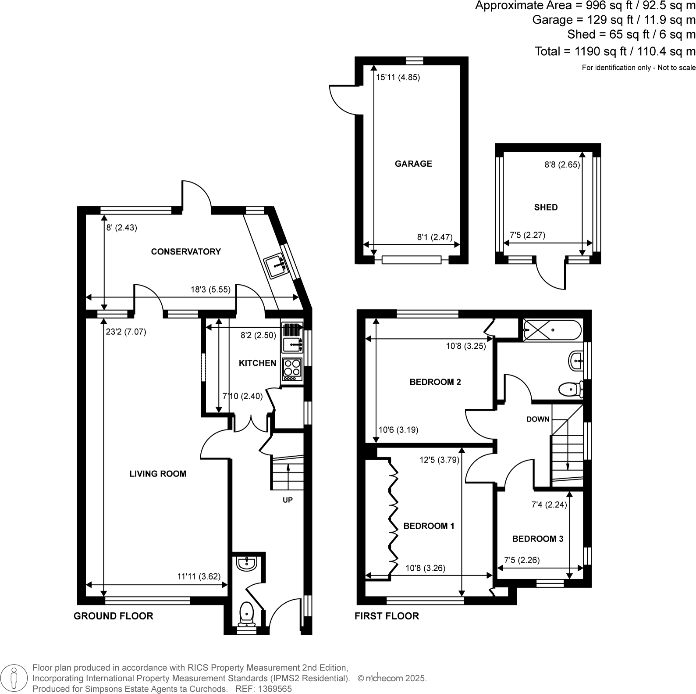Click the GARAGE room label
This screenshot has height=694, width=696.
(413, 164)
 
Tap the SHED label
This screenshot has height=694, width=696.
(546, 207)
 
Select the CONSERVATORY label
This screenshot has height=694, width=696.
(186, 251)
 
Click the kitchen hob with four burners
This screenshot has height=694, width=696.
(292, 369)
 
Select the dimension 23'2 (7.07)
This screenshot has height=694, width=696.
(126, 332)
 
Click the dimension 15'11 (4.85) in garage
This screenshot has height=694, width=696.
(398, 78)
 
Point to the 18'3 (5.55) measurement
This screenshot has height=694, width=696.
(210, 290)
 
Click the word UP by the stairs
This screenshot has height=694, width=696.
(288, 500)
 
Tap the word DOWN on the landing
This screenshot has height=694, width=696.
(538, 419)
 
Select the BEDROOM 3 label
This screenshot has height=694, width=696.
(538, 539)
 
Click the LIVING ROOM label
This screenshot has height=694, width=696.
(158, 474)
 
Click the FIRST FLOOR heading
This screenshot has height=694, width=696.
(387, 616)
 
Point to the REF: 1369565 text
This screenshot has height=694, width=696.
(263, 689)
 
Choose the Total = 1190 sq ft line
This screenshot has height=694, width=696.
(614, 51)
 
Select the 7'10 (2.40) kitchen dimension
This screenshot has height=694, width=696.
(242, 396)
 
